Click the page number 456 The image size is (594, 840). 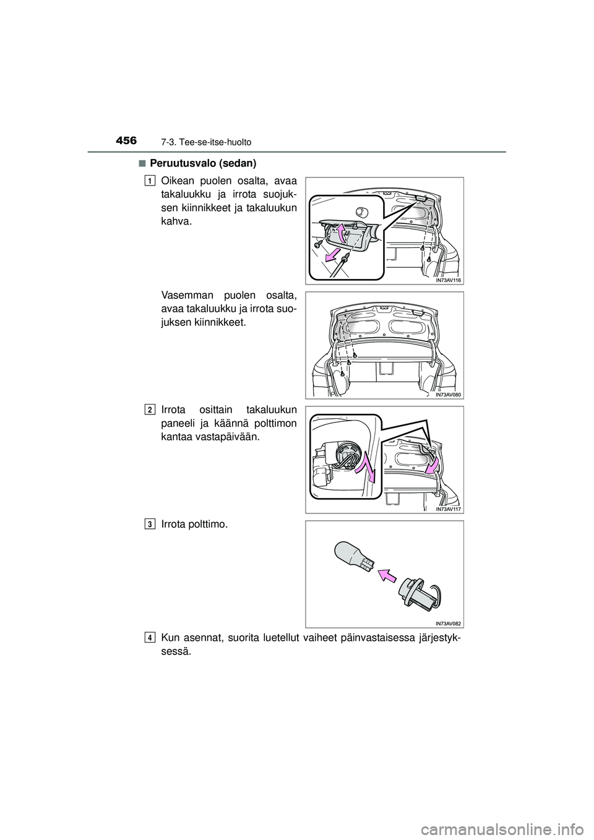pos(127,142)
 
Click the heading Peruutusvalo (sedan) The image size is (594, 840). pos(203,163)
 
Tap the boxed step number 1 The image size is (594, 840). pos(150,181)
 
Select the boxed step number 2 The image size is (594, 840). pos(150,410)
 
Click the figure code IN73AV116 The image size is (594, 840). pos(448,280)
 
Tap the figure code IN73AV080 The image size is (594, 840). pos(448,394)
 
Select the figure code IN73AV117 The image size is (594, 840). pos(448,508)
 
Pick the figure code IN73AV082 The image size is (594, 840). pos(448,623)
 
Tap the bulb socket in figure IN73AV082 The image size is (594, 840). pos(420,593)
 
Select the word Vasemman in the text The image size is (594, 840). pos(183,296)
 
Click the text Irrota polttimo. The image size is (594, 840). pos(194,525)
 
